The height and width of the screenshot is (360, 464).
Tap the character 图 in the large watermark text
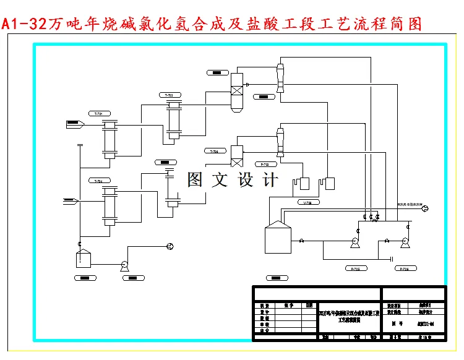(x=195, y=180)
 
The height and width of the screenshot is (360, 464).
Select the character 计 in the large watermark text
(x=270, y=180)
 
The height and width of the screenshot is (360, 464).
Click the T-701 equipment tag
(x=98, y=114)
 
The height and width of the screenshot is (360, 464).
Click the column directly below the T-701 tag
(x=110, y=140)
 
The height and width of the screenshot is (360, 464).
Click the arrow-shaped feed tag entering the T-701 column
(x=75, y=125)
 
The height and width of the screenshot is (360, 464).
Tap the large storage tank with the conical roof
(x=277, y=238)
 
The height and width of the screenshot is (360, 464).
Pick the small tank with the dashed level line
(x=83, y=259)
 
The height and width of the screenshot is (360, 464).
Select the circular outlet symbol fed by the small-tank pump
(x=170, y=247)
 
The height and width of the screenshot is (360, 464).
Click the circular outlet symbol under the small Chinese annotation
(x=424, y=209)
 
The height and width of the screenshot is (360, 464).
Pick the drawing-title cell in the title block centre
(x=348, y=317)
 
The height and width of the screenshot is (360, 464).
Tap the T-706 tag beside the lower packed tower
(x=213, y=152)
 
